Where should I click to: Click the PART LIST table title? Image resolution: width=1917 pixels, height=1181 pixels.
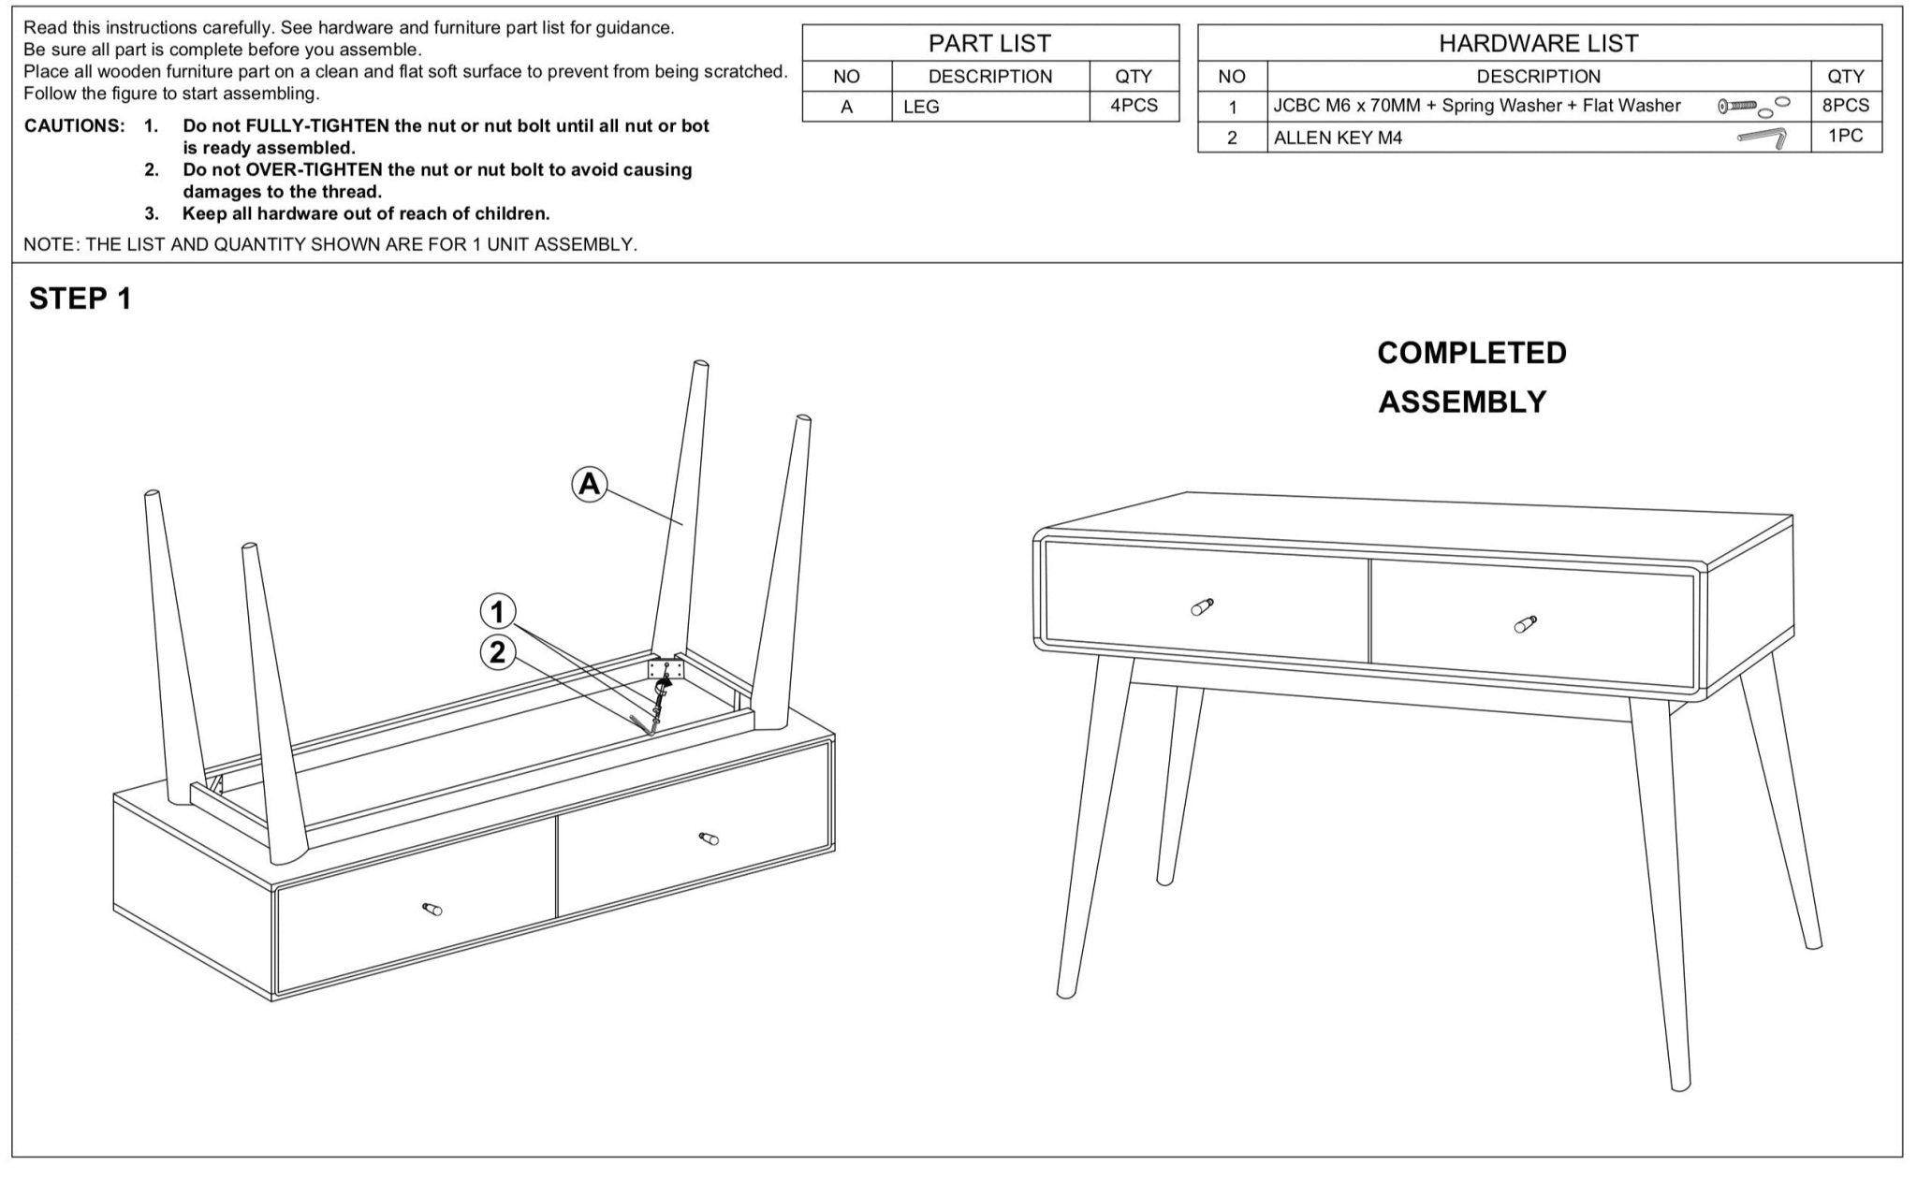coord(989,43)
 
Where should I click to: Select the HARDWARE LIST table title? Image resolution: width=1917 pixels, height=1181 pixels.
coord(1538,43)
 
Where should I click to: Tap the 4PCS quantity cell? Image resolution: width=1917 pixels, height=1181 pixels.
coord(1134,106)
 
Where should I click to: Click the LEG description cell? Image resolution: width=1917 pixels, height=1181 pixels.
coord(921,107)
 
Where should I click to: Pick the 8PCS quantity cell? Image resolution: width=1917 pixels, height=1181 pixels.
coord(1845,106)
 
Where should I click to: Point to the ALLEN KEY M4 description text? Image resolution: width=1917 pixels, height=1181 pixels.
coord(1338,139)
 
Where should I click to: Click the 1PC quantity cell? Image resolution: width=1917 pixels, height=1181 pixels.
coord(1845,136)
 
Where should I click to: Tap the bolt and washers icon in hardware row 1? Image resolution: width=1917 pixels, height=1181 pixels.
coord(1753,107)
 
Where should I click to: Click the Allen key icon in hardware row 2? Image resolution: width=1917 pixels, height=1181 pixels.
coord(1762,138)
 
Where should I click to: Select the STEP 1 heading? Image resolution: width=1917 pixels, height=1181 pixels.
coord(80,299)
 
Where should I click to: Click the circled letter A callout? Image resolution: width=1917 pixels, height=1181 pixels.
coord(590,484)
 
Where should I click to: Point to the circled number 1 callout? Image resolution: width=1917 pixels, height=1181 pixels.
coord(498,612)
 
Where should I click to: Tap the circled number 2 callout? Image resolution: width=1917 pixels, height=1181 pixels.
coord(498,651)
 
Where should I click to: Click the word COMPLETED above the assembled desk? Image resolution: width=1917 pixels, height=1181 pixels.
coord(1471,353)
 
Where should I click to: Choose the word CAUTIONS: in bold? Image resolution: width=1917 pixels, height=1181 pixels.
coord(74,125)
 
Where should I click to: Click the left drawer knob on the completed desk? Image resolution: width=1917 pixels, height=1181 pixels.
coord(1202,606)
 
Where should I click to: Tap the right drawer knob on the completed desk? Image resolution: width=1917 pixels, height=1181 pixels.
coord(1525,624)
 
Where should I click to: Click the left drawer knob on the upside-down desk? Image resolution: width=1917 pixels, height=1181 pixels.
coord(432,909)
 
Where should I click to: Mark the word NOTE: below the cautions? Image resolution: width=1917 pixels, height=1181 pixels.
coord(52,244)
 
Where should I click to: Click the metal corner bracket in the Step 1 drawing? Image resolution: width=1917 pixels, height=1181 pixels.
coord(666,668)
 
